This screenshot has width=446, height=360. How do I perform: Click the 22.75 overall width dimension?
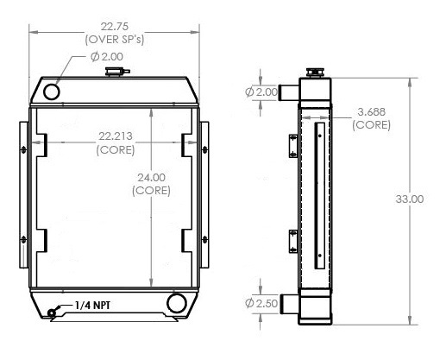point(115,25)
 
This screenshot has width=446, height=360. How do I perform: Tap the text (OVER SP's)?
point(115,40)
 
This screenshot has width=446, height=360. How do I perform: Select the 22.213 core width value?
point(114,136)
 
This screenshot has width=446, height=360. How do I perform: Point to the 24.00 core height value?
point(151,178)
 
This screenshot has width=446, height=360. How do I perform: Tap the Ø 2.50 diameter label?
point(261,303)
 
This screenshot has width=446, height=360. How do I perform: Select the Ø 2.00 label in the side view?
point(261,92)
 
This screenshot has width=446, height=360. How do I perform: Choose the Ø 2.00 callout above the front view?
point(107,57)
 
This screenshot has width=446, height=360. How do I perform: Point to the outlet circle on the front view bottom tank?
point(178,302)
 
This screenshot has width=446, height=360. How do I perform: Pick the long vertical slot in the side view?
point(319,193)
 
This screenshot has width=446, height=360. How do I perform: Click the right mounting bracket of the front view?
point(204,193)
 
